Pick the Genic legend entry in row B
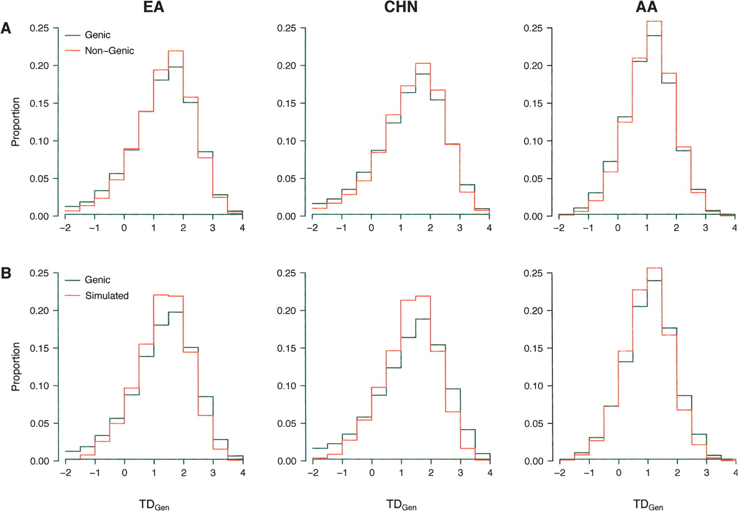click(x=101, y=280)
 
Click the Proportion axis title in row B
click(x=16, y=367)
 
